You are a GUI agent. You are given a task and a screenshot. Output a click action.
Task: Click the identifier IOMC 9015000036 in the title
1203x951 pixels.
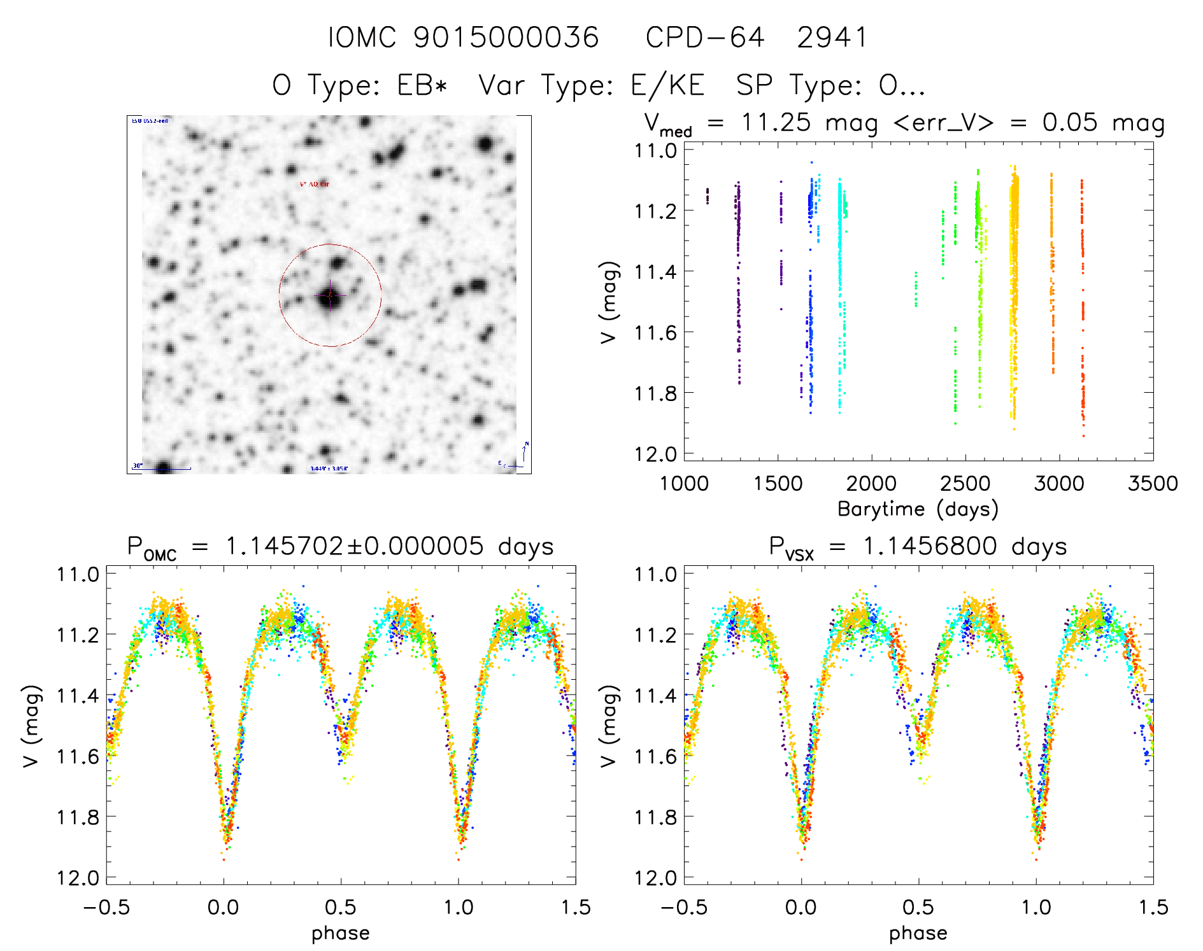coord(463,38)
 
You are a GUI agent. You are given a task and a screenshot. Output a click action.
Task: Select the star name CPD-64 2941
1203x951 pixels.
coord(756,38)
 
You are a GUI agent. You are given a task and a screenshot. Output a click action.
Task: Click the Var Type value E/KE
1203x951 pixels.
coord(667,85)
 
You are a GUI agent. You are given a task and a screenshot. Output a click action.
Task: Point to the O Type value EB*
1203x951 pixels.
coord(422,85)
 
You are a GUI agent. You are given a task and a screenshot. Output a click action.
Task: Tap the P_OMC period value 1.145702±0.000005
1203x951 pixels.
coord(354,546)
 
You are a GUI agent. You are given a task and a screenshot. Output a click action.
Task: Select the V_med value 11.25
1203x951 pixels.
coord(776,122)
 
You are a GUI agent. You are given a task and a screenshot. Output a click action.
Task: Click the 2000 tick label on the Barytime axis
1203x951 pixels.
coord(871,483)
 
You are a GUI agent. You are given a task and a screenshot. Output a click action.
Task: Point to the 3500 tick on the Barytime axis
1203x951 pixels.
coord(1152,483)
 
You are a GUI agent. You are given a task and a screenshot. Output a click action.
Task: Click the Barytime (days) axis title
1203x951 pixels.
coord(918,509)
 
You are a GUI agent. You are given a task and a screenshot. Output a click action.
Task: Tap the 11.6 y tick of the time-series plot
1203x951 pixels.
coord(655,332)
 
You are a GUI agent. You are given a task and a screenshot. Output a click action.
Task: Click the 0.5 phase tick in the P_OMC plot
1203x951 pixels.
coord(341,907)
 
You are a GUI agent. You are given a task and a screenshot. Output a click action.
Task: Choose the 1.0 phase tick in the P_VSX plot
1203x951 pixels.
coord(1036,907)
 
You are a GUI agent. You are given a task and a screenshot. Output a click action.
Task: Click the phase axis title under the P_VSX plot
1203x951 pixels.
coord(918,933)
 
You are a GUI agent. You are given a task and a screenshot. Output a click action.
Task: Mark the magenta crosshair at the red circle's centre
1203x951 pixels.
coord(330,295)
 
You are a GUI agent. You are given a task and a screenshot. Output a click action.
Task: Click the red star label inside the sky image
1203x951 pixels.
coord(315,184)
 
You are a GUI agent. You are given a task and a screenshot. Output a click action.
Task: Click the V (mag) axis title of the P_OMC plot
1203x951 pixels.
coord(31,726)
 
